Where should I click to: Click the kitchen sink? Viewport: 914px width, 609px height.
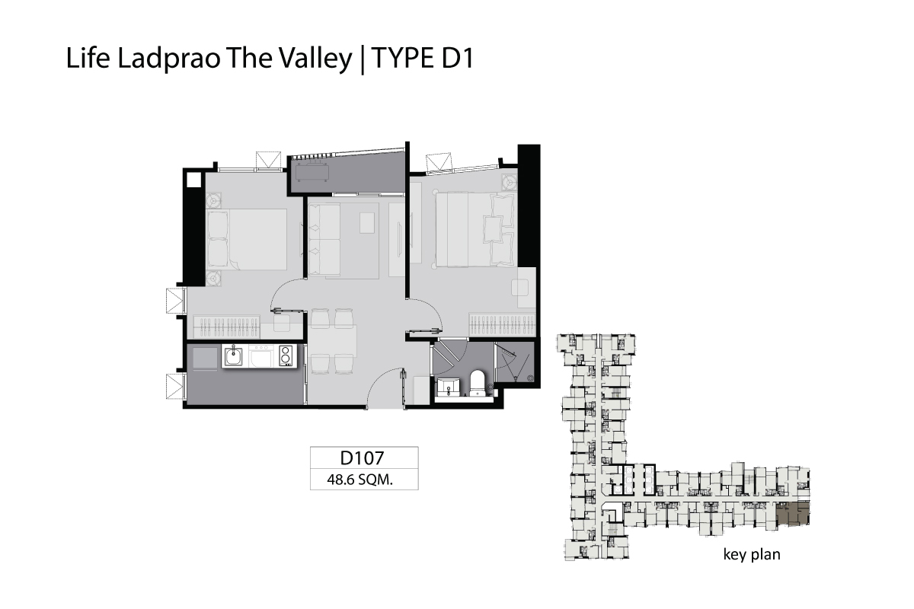coord(232,356)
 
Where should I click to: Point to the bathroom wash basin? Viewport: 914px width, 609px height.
coord(449,387)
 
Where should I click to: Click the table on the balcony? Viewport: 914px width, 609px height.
coord(312,173)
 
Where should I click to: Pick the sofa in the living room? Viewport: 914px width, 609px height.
coord(324,240)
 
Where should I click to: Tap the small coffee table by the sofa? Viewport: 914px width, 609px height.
coord(367,223)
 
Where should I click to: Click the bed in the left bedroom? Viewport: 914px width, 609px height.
coord(248,240)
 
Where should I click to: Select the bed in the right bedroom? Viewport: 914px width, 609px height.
coord(475,230)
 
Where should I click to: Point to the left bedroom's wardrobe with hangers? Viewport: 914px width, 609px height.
coord(226,327)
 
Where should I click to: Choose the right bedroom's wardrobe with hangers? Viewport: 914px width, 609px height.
coord(502,325)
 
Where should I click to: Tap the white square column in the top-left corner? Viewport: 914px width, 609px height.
coord(193,180)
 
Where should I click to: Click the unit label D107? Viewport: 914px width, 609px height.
coord(362,458)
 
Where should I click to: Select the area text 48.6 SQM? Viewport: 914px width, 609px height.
coord(360,480)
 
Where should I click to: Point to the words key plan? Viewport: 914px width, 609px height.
coord(752,554)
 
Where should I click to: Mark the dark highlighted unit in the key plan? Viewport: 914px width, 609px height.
coord(792,514)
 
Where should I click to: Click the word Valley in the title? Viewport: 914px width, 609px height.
coord(315,59)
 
